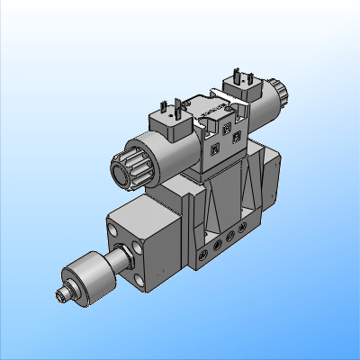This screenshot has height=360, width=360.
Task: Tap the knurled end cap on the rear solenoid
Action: pyautogui.click(x=279, y=93)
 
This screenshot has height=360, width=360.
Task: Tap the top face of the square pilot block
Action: pyautogui.click(x=148, y=210)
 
